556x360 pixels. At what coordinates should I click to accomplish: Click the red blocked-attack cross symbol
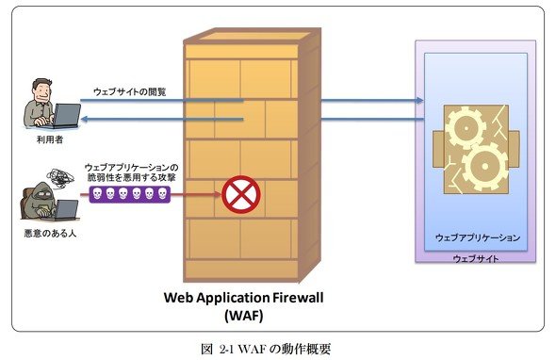click(x=241, y=194)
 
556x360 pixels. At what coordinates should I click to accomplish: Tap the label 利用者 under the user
click(x=50, y=139)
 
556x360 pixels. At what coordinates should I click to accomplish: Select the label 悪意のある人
click(x=50, y=234)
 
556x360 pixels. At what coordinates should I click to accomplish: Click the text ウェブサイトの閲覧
click(x=129, y=92)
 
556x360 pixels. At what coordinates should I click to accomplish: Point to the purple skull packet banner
click(x=129, y=194)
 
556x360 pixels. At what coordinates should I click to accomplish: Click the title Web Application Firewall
click(x=244, y=297)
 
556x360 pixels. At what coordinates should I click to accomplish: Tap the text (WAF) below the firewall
click(x=244, y=315)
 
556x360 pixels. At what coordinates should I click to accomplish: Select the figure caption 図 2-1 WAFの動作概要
click(x=266, y=350)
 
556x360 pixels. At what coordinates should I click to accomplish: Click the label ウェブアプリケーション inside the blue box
click(x=477, y=237)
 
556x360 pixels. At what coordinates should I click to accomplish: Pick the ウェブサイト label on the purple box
click(x=476, y=258)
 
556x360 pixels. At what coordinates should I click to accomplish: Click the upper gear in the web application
click(x=466, y=128)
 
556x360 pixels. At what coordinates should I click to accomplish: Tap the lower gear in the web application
click(x=485, y=167)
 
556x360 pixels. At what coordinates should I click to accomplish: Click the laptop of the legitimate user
click(x=65, y=116)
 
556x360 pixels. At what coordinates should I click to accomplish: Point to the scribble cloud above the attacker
click(x=60, y=178)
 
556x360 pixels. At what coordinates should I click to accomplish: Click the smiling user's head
click(x=42, y=90)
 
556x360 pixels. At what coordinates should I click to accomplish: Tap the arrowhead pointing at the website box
click(x=420, y=101)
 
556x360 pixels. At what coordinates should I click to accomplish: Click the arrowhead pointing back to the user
click(x=85, y=119)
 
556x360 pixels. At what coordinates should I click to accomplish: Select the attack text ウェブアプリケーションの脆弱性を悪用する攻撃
click(x=132, y=172)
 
